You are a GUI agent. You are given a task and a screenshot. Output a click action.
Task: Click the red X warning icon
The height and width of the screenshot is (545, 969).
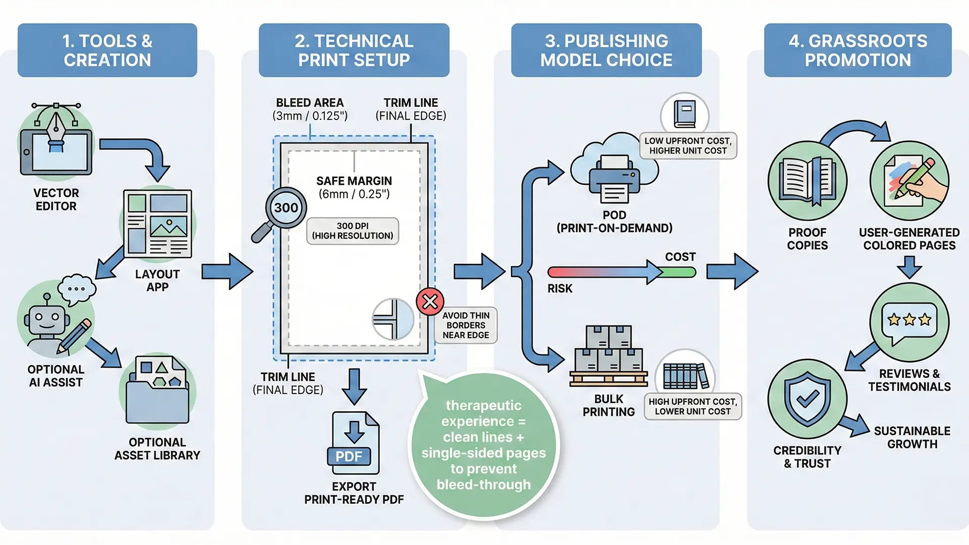(430, 302)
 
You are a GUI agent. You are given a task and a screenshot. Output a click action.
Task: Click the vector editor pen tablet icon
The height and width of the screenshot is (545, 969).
(56, 144)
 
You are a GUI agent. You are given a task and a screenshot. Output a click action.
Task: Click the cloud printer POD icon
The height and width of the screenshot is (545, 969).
(614, 172)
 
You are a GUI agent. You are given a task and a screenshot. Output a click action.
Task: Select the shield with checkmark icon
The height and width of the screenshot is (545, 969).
(807, 399)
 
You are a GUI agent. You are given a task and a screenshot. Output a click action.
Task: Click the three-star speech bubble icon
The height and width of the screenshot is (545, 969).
(909, 322)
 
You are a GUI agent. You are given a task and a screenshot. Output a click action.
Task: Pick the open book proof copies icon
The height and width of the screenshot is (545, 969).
(807, 181)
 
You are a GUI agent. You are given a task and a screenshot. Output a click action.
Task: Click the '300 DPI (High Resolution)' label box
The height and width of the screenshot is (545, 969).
(352, 231)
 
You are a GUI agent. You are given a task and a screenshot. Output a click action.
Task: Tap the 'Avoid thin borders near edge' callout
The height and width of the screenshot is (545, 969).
(466, 325)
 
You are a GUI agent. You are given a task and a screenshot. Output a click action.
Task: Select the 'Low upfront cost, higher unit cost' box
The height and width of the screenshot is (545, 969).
(688, 146)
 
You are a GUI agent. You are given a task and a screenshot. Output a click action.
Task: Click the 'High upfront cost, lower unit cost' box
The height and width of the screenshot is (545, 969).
(692, 407)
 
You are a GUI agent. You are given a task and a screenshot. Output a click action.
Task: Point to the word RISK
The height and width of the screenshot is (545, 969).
(560, 289)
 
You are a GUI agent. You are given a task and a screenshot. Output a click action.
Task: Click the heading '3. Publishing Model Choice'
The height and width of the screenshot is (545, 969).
(606, 50)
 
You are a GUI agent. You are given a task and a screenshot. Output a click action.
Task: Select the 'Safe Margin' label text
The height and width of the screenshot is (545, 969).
(354, 181)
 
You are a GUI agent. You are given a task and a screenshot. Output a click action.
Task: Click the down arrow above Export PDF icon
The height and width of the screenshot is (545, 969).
(354, 387)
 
